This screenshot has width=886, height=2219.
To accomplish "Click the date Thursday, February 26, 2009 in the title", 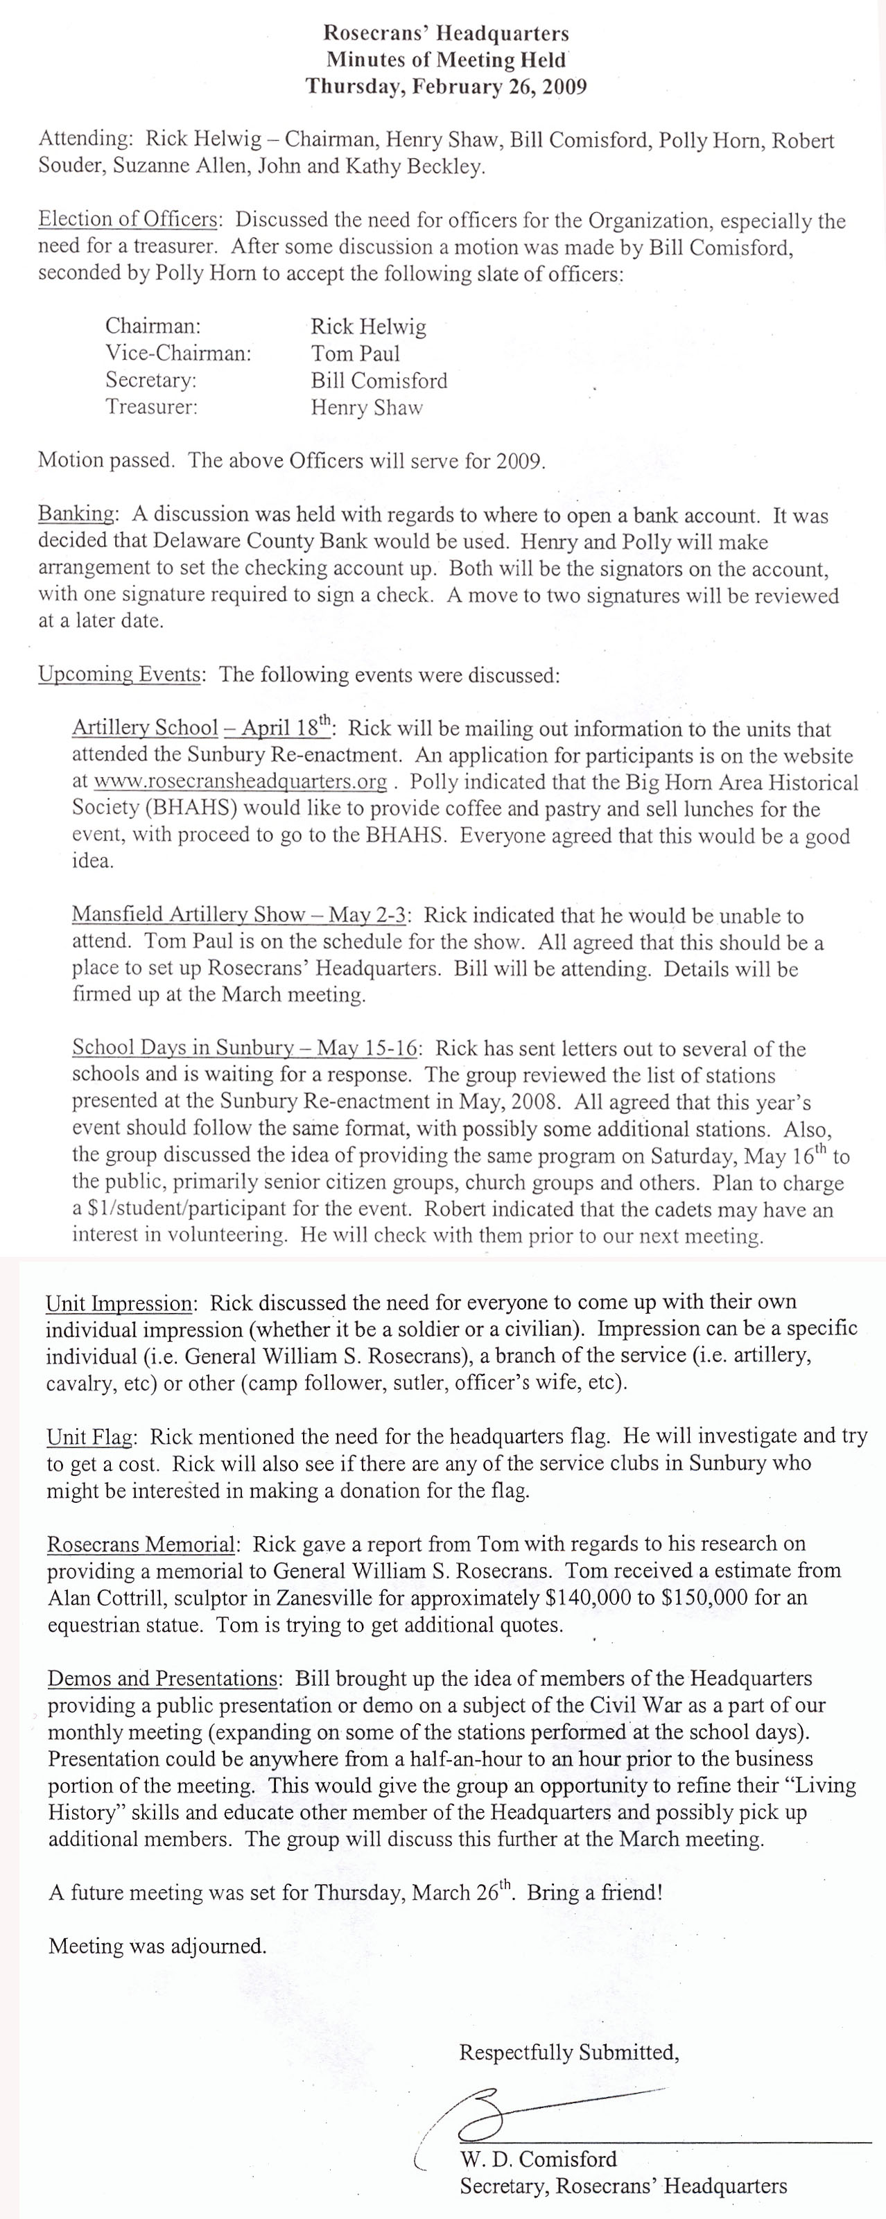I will (446, 86).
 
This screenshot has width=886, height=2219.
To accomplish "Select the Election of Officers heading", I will (128, 220).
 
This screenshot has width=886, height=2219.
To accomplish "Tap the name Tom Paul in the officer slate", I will (355, 353).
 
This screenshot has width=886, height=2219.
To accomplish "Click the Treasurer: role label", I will (152, 407).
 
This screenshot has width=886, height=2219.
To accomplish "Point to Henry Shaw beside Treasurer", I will (366, 408).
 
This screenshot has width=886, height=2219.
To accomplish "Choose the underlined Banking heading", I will (76, 514).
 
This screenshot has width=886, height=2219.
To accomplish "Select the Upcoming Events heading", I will (119, 675).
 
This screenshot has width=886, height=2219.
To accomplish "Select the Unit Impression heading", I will (118, 1303).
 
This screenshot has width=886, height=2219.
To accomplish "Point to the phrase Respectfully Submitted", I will (569, 2052).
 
